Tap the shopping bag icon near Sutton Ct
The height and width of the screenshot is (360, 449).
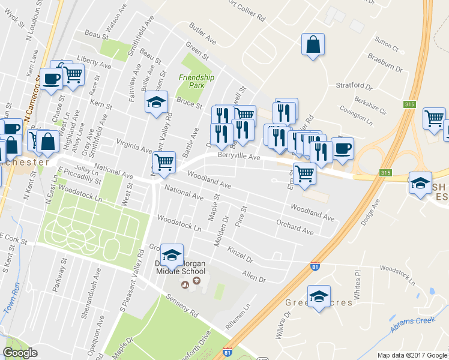point(313,44)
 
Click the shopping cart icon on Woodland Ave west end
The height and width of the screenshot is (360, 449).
point(163,162)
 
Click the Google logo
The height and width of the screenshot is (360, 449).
point(20,353)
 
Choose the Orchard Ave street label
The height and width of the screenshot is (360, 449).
point(295,227)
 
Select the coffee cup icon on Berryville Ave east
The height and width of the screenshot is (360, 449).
point(342,148)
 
